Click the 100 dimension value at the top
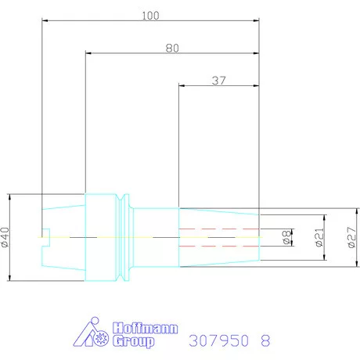(150, 16)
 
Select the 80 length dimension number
(172, 49)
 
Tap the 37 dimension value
(218, 81)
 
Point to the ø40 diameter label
(5, 237)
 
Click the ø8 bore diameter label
(286, 237)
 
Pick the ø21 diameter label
(319, 237)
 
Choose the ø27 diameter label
(351, 237)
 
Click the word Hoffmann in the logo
(146, 328)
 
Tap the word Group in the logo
(133, 341)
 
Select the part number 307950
(218, 340)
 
